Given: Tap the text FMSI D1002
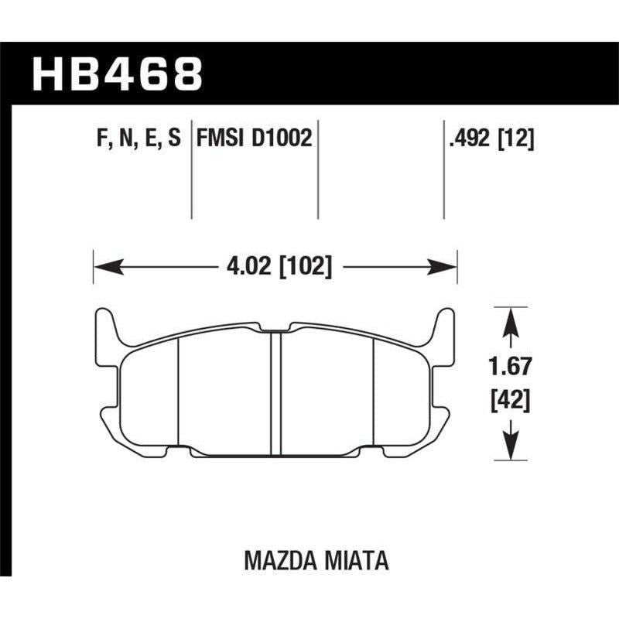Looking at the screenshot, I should click(x=254, y=139).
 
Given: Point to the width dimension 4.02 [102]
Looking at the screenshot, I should click(x=275, y=268).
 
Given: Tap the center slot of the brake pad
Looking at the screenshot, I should click(x=275, y=387).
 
